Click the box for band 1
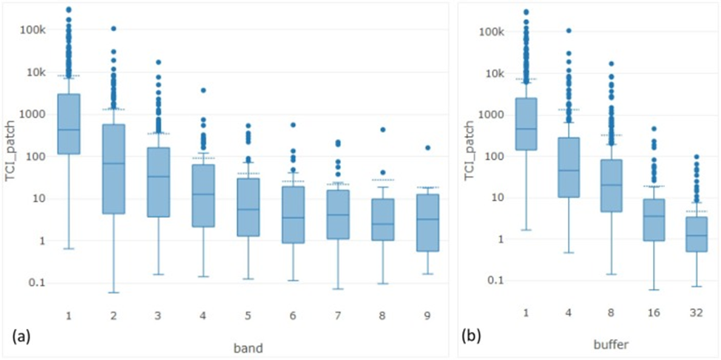(69, 123)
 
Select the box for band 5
(254, 207)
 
